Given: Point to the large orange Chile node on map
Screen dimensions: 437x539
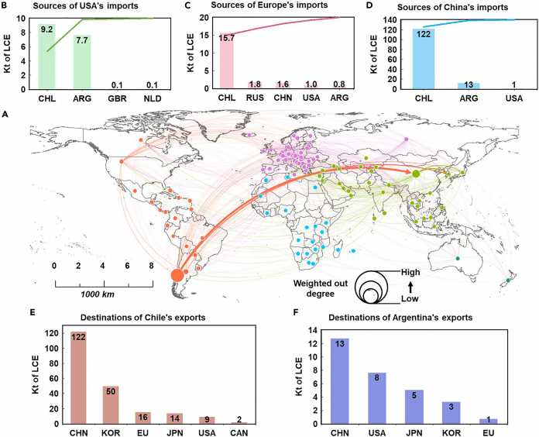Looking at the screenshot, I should (177, 274).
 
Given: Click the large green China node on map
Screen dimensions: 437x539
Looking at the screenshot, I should (416, 174).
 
